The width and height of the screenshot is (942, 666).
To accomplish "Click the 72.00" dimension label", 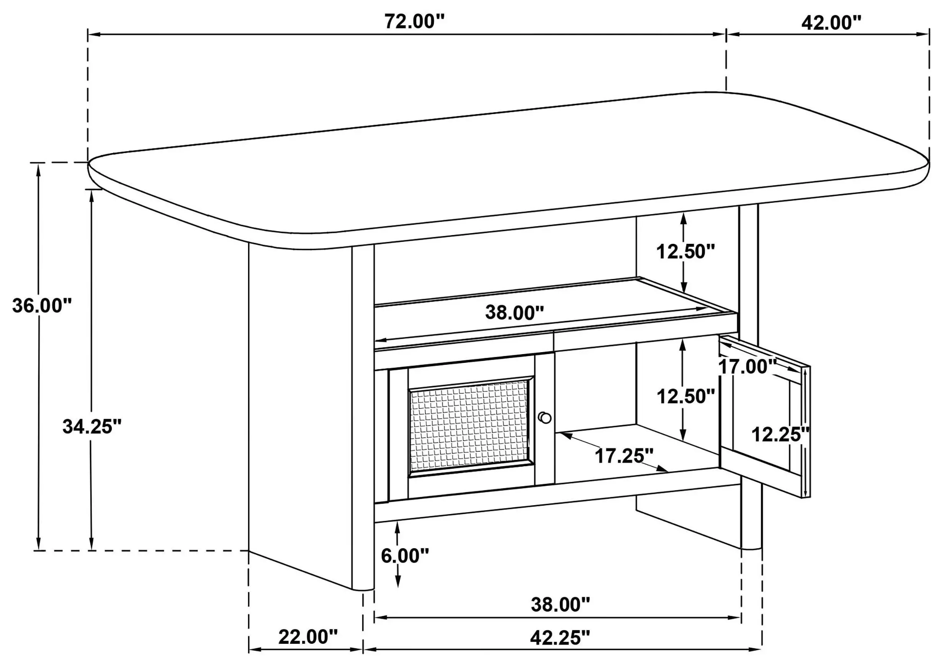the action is (414, 21).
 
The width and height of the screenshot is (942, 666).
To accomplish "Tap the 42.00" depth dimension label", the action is (831, 23).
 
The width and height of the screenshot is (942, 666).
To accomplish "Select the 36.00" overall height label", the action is (42, 305).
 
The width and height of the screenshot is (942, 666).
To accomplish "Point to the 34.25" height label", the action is (92, 426).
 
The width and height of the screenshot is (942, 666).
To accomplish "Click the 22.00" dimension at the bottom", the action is (308, 637).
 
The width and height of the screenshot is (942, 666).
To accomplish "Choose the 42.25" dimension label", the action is (560, 638).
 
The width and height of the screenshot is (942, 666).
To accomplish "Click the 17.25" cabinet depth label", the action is (624, 455).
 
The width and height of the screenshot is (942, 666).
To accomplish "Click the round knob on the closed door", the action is (545, 418).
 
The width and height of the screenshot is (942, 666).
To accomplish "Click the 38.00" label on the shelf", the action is (515, 312).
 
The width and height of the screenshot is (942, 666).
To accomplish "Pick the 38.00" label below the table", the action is (561, 604).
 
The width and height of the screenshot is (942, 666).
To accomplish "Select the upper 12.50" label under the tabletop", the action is (686, 251).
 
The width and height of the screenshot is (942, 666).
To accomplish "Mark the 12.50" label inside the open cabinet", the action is (686, 396).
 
